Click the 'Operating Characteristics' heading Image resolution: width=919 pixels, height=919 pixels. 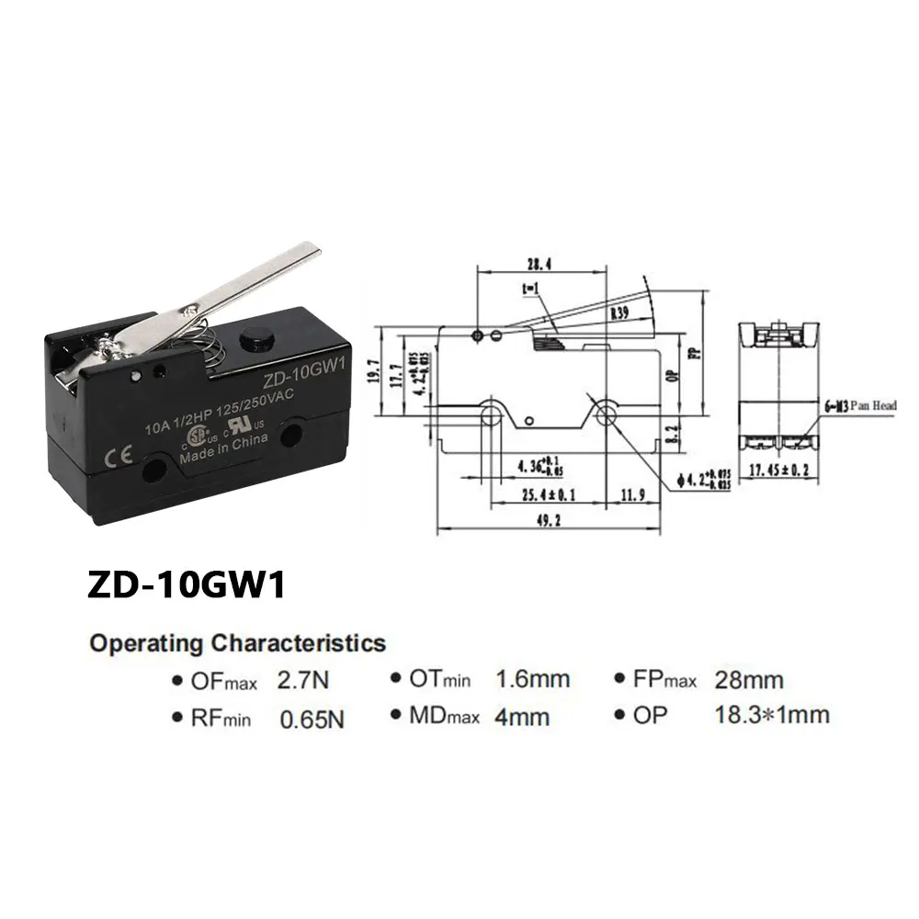237,643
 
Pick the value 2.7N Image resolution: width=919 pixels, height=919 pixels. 302,682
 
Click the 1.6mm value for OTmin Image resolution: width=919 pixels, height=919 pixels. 533,680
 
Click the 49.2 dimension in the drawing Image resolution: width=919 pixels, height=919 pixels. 550,520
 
